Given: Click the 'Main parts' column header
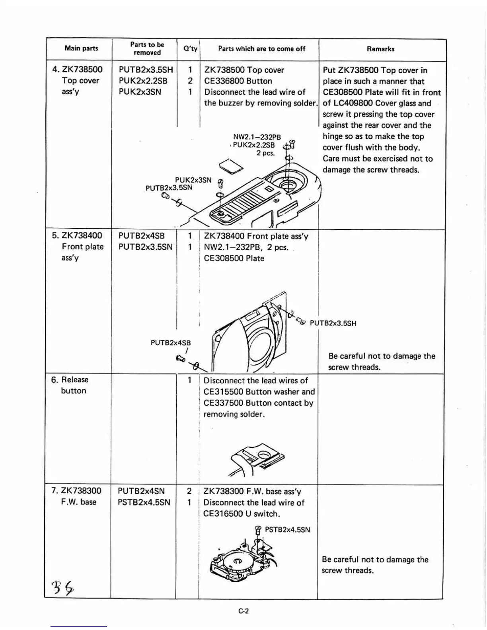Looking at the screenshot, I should [x=81, y=49].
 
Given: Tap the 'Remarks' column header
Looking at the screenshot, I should [x=380, y=49].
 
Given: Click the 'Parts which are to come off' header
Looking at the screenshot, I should [x=261, y=49].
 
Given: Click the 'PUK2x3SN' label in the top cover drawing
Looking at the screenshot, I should [x=193, y=180].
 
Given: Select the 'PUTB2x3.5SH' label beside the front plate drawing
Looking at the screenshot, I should [x=333, y=323].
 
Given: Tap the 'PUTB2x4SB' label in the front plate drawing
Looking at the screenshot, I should [x=171, y=342].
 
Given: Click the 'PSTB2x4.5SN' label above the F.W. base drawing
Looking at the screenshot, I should [x=287, y=530].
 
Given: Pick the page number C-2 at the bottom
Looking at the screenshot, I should [x=243, y=611].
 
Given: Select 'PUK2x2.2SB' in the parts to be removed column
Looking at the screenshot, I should [x=143, y=81].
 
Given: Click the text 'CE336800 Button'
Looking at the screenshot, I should [x=238, y=81].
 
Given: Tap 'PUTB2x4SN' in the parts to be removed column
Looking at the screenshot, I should [x=141, y=491].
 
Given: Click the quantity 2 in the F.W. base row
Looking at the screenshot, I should [x=189, y=491].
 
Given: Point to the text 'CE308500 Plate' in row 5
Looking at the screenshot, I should [x=234, y=258].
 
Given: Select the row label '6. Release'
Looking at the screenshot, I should [x=70, y=380].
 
